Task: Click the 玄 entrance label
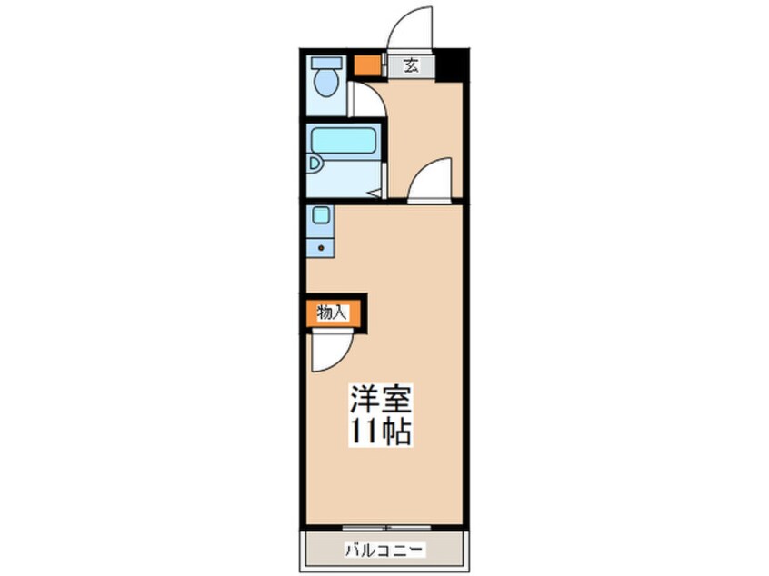[x=411, y=65]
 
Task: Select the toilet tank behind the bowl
[x=325, y=64]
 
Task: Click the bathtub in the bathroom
[x=344, y=141]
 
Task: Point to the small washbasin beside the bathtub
[x=314, y=164]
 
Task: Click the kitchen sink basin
[x=320, y=216]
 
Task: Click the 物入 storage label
[x=332, y=313]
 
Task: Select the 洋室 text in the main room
[x=381, y=399]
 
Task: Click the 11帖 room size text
[x=381, y=432]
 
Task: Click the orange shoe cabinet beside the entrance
[x=366, y=65]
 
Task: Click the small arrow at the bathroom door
[x=374, y=192]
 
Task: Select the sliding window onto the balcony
[x=385, y=526]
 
